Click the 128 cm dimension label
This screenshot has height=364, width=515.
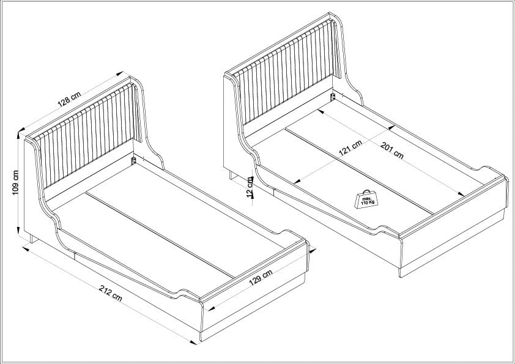point(69,99)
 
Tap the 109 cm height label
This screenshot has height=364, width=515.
point(15,182)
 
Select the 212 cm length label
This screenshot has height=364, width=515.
point(111,292)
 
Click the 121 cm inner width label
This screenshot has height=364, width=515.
point(350,148)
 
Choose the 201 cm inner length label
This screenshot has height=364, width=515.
point(392,150)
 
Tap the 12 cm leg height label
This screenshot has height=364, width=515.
point(250,187)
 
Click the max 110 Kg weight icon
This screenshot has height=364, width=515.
point(366,199)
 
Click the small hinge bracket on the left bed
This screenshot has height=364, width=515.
point(134,160)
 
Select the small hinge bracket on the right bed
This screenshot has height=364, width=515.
point(332,97)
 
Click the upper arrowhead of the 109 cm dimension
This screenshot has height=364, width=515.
point(18,135)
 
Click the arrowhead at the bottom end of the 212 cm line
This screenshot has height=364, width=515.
point(193,343)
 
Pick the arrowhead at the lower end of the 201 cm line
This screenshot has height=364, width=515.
point(461,194)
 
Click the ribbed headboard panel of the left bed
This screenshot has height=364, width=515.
point(87,135)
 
